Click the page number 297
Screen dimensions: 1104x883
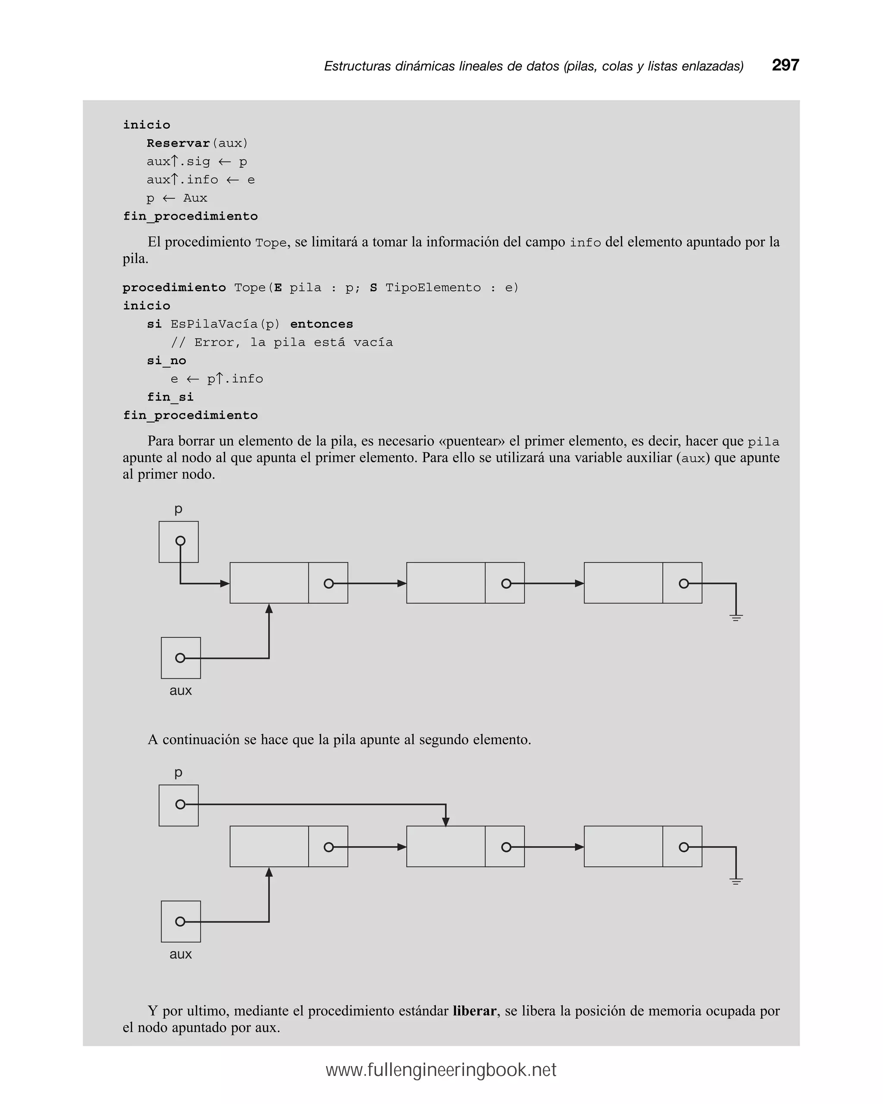pyautogui.click(x=785, y=65)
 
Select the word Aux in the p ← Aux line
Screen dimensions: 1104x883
pyautogui.click(x=195, y=198)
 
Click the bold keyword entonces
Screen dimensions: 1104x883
pyautogui.click(x=321, y=324)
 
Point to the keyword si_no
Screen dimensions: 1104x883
pyautogui.click(x=166, y=360)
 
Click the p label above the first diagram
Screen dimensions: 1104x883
pyautogui.click(x=178, y=509)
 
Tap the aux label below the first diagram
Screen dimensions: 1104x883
pyautogui.click(x=180, y=690)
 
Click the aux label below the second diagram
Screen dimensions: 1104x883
pyautogui.click(x=180, y=954)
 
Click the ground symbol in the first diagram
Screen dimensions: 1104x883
pyautogui.click(x=736, y=618)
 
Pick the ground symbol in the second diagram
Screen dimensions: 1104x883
pyautogui.click(x=736, y=881)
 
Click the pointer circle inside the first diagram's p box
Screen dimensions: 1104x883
pyautogui.click(x=180, y=541)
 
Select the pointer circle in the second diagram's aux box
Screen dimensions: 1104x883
pyautogui.click(x=180, y=922)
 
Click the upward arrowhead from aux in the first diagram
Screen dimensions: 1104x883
pyautogui.click(x=269, y=609)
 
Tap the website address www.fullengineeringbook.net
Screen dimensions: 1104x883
pyautogui.click(x=441, y=1070)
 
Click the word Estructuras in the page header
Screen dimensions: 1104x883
pyautogui.click(x=357, y=66)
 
